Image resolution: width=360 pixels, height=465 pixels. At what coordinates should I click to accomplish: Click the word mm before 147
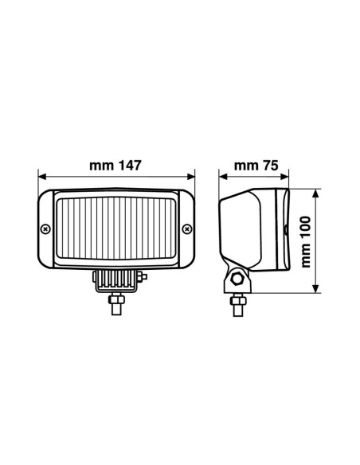(x=99, y=166)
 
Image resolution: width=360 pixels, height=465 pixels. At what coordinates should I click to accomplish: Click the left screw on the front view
(x=46, y=230)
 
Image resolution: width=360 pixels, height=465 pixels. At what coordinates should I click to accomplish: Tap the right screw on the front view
(x=186, y=230)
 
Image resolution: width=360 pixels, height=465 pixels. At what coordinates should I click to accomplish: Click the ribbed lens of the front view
(x=116, y=230)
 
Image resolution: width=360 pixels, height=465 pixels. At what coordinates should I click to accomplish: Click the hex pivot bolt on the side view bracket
(x=237, y=279)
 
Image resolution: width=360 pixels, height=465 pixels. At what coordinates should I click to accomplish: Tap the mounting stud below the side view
(x=236, y=303)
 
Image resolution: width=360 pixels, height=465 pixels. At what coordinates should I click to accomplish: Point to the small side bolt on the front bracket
(x=144, y=276)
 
